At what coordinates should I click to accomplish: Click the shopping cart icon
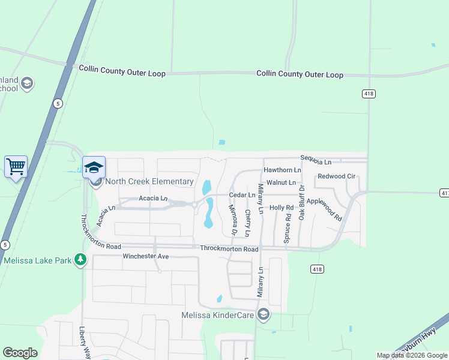(16, 166)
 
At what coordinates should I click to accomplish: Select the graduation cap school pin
(94, 167)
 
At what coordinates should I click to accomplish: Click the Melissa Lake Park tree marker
(80, 260)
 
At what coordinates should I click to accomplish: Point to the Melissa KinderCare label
(217, 314)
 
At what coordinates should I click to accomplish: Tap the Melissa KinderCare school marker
(263, 314)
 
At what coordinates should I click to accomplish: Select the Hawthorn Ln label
(282, 170)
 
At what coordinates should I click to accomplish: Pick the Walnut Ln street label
(282, 182)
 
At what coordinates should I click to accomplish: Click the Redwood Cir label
(337, 176)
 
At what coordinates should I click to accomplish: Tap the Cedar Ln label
(242, 195)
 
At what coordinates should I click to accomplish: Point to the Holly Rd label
(281, 208)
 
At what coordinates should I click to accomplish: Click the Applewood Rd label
(324, 210)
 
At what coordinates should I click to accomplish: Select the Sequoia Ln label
(316, 162)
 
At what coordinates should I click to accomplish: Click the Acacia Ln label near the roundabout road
(152, 198)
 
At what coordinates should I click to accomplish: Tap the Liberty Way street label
(85, 340)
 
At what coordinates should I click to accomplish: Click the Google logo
(20, 353)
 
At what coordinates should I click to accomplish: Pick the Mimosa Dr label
(233, 220)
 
